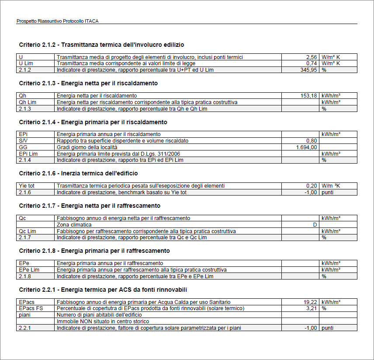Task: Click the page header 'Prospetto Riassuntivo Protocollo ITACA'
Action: click(60, 21)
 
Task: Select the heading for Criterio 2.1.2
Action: click(102, 45)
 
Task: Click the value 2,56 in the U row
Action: click(311, 57)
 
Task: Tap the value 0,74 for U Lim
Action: click(311, 63)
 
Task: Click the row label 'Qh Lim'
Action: click(28, 102)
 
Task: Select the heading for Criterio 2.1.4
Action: click(93, 122)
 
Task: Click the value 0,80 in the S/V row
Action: click(312, 141)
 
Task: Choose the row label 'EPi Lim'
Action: click(28, 154)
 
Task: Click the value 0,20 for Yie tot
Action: click(312, 186)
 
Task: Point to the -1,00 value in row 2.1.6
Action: click(310, 192)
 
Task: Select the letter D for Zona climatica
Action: click(315, 225)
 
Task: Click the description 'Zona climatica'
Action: click(74, 225)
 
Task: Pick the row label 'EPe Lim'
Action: click(29, 270)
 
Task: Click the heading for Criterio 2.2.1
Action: click(104, 290)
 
